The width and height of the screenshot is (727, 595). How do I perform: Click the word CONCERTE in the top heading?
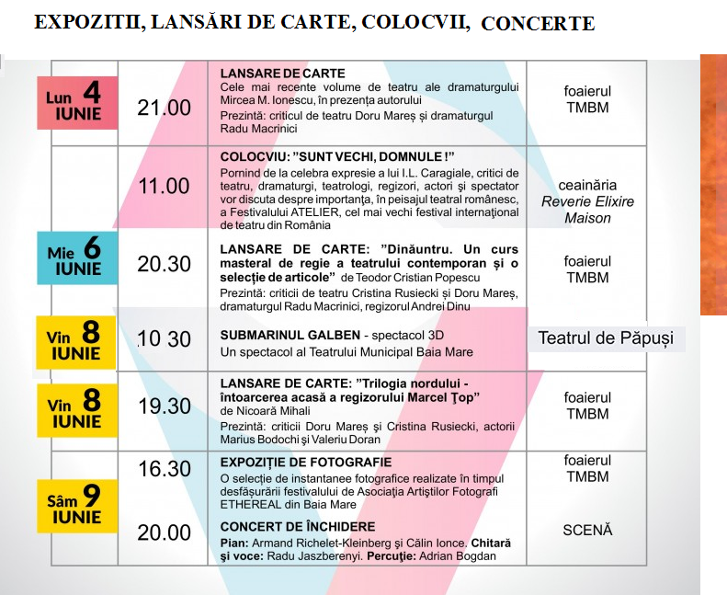(538, 23)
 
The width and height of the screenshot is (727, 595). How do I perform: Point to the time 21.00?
(164, 108)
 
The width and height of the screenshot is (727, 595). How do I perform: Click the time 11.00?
(164, 187)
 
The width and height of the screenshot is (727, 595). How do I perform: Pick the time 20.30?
(164, 264)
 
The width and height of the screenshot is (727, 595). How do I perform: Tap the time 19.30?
(164, 406)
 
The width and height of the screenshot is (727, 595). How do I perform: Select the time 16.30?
(164, 469)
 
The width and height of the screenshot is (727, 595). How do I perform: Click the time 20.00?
(164, 532)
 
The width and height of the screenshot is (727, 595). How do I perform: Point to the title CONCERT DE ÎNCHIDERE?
(297, 527)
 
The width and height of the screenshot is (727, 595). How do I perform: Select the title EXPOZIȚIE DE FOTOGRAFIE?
(306, 462)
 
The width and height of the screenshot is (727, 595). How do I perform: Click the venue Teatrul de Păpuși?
(605, 338)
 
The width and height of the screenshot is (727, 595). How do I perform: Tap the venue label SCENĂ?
(587, 530)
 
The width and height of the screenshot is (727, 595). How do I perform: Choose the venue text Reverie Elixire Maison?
(587, 210)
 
